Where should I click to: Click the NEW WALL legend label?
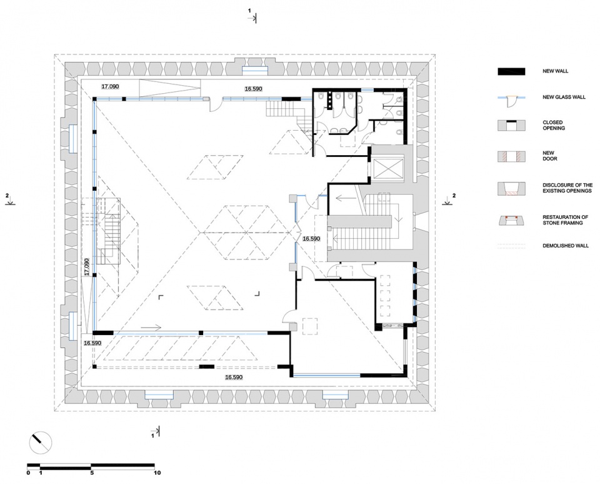coord(555,71)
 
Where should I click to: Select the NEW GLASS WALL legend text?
coord(564,98)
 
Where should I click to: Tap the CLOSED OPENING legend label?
coord(554,125)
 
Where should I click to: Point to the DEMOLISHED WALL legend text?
coord(566,246)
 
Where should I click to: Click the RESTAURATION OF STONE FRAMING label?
coord(565,219)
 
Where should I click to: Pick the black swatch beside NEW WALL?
coord(511,72)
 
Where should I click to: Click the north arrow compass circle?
coord(40,443)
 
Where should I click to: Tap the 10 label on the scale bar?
coord(157,473)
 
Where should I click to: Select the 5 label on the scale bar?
coord(92,473)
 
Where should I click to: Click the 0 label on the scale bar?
coord(28,473)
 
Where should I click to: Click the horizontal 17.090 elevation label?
coord(110,86)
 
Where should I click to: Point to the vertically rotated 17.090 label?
coord(86,267)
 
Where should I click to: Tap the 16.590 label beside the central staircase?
coord(311,238)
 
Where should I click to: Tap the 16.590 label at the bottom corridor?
coord(233,377)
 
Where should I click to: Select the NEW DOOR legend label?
coord(549,156)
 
